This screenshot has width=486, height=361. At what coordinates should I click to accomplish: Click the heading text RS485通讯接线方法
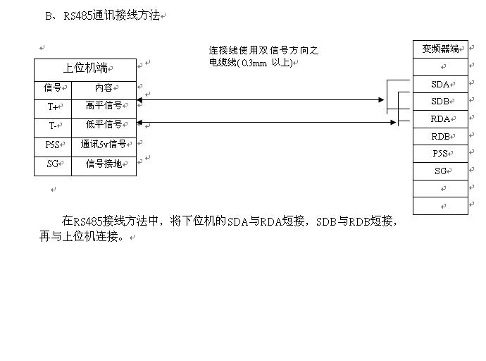pyautogui.click(x=111, y=15)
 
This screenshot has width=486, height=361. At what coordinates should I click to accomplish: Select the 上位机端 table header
pyautogui.click(x=85, y=68)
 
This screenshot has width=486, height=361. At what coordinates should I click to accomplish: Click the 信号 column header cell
pyautogui.click(x=53, y=88)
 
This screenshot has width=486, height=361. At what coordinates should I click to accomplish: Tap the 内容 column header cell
pyautogui.click(x=104, y=88)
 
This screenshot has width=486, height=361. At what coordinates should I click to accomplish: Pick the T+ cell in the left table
pyautogui.click(x=53, y=107)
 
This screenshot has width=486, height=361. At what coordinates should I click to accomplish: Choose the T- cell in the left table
pyautogui.click(x=53, y=126)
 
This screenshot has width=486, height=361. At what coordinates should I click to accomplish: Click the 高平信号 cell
pyautogui.click(x=104, y=106)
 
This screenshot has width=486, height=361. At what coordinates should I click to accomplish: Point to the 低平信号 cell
pyautogui.click(x=104, y=125)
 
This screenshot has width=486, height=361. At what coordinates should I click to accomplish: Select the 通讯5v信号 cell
pyautogui.click(x=104, y=145)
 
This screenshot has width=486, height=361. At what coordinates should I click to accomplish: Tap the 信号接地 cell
pyautogui.click(x=104, y=164)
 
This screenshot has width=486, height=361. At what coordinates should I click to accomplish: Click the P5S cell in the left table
pyautogui.click(x=53, y=145)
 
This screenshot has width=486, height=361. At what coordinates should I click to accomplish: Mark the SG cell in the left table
pyautogui.click(x=53, y=164)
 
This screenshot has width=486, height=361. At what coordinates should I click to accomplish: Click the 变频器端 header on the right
pyautogui.click(x=440, y=49)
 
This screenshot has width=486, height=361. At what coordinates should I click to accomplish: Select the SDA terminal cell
pyautogui.click(x=440, y=85)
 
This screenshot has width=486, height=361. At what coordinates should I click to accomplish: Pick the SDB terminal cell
pyautogui.click(x=440, y=102)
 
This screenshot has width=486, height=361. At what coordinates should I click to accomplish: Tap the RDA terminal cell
pyautogui.click(x=440, y=119)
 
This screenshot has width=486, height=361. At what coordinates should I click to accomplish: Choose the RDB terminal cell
pyautogui.click(x=440, y=137)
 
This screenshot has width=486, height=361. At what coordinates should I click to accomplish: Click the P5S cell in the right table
pyautogui.click(x=440, y=154)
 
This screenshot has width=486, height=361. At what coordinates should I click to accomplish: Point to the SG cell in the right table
pyautogui.click(x=440, y=171)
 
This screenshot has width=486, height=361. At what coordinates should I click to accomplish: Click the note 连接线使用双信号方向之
pyautogui.click(x=263, y=51)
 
